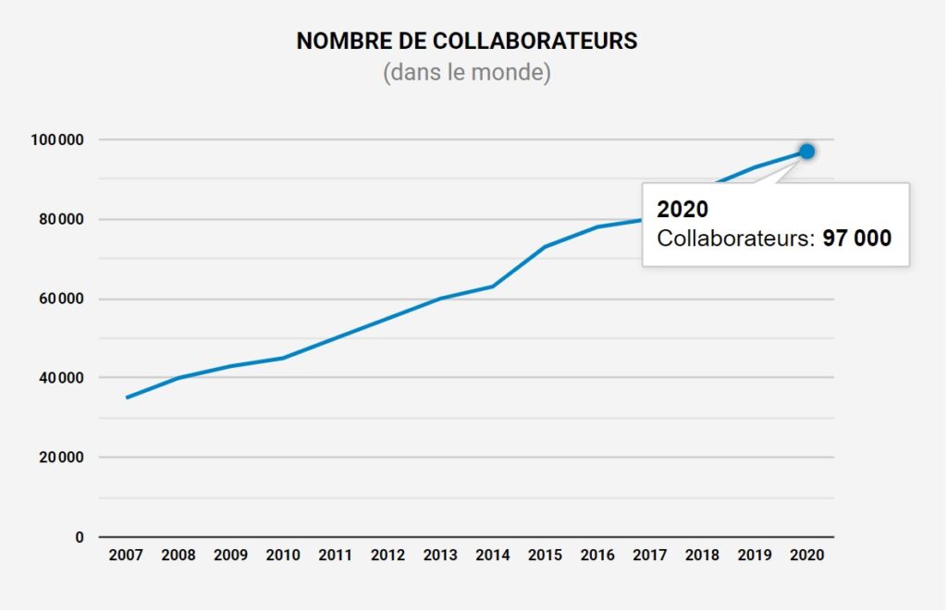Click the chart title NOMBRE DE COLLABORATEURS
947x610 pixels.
(x=466, y=42)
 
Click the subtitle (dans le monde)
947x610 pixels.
(x=466, y=73)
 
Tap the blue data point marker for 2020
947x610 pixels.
(x=806, y=151)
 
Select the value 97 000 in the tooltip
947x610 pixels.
(x=856, y=238)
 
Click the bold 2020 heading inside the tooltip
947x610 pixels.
(x=683, y=209)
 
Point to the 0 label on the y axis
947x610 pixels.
(x=80, y=537)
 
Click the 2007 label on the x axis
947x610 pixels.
(x=126, y=555)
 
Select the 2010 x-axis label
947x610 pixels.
(x=283, y=555)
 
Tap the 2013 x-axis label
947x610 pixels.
(x=440, y=555)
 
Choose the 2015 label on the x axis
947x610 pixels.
(x=545, y=555)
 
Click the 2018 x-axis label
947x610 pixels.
(x=702, y=555)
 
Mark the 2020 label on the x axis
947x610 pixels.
(x=806, y=555)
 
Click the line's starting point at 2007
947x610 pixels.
(x=127, y=397)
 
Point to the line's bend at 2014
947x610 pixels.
(x=492, y=287)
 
